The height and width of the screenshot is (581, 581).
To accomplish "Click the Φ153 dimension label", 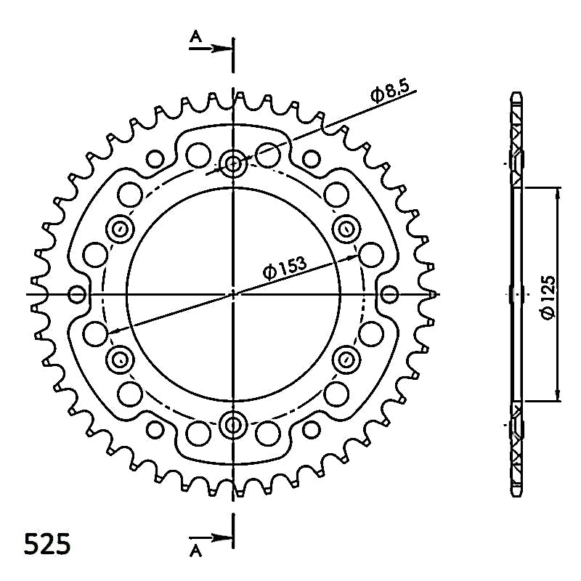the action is [x=285, y=267].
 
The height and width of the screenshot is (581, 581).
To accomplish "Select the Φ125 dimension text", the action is [x=548, y=298].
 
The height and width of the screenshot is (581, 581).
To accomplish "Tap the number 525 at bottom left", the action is [x=46, y=544].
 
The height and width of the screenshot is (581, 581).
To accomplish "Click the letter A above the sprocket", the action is [x=195, y=36].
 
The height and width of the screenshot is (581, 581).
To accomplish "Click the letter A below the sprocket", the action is [x=195, y=552].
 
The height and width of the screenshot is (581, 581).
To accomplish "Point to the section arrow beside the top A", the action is [x=211, y=48].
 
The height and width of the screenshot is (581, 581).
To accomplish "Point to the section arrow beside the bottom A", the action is [x=211, y=537].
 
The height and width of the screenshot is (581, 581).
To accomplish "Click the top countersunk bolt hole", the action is [x=232, y=163].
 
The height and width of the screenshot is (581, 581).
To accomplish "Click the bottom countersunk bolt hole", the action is [x=232, y=425].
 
